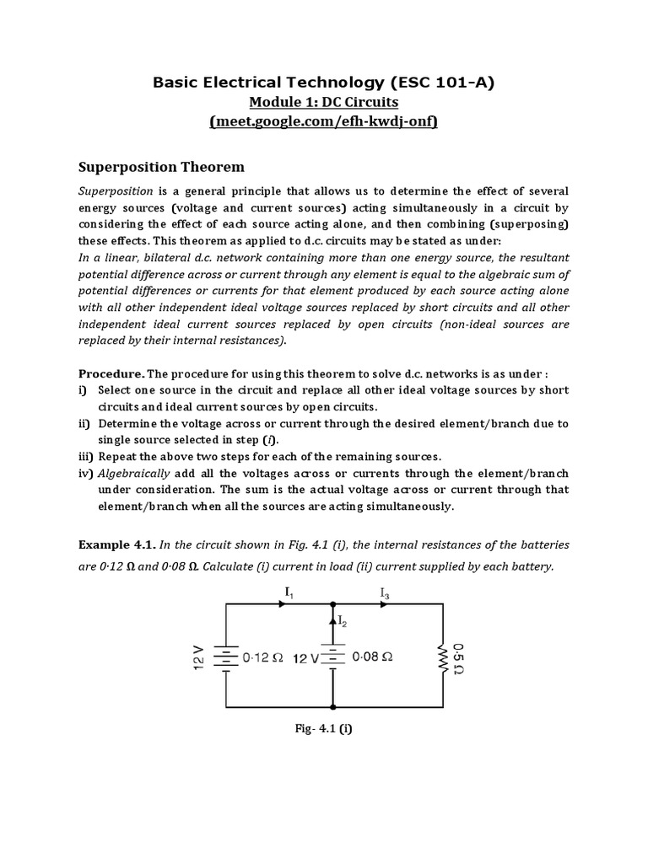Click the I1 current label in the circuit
pyautogui.click(x=289, y=595)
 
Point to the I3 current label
pyautogui.click(x=385, y=595)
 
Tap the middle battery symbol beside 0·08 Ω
pyautogui.click(x=334, y=656)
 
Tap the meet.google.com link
pyautogui.click(x=324, y=121)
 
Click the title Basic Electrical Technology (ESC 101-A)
pyautogui.click(x=324, y=82)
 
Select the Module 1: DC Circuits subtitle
pyautogui.click(x=324, y=102)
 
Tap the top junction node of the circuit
pyautogui.click(x=334, y=604)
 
